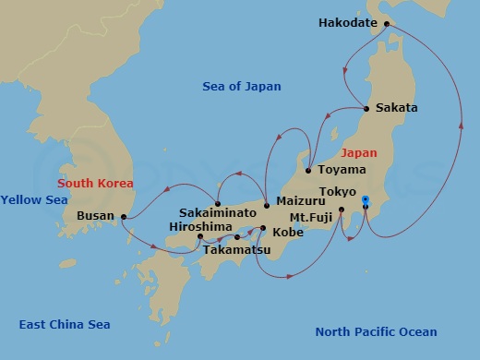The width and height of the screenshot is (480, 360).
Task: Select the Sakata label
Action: (397, 108)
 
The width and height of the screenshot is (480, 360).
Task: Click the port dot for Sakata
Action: (367, 109)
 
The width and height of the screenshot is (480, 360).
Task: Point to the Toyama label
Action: (342, 170)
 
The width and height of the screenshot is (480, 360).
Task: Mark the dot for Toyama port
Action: (308, 170)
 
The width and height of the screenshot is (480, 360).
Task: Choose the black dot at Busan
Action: (123, 217)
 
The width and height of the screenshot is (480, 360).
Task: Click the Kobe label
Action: (287, 233)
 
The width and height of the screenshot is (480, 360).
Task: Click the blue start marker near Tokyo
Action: (366, 200)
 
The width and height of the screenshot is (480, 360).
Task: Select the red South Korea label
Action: (94, 183)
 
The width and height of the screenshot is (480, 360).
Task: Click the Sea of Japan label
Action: (242, 87)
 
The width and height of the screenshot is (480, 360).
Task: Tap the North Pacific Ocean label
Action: (376, 332)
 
